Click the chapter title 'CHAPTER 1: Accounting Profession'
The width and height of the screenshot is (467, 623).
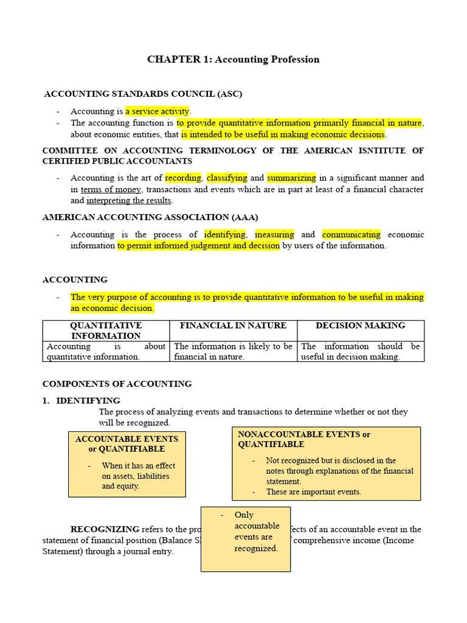point(233,59)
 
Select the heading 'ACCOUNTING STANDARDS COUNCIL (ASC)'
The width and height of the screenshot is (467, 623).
point(143,94)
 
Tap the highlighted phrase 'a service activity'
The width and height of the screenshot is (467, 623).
point(157,111)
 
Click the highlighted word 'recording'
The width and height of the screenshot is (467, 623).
point(183,178)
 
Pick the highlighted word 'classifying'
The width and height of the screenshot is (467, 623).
point(227,178)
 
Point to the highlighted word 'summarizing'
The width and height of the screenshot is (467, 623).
point(291,178)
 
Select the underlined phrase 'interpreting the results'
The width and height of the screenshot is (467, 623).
point(130,200)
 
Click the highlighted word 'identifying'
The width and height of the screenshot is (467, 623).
point(225,234)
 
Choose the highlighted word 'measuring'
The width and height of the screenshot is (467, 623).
point(274,234)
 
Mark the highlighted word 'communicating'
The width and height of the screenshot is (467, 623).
point(351,234)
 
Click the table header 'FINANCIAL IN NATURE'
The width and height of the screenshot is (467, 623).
point(233,325)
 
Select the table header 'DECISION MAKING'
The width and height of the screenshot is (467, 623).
point(361,325)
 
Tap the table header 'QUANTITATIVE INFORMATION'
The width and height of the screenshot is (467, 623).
point(106,330)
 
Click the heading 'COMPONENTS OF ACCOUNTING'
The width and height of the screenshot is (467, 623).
point(117,384)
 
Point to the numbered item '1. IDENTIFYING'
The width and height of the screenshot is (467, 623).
point(81,400)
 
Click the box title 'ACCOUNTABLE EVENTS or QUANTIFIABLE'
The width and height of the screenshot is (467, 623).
point(126,444)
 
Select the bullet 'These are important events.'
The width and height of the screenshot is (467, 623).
point(313,492)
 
